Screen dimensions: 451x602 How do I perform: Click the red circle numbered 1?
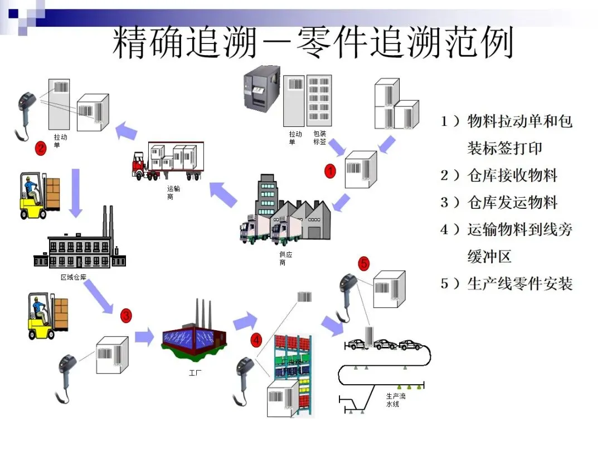click(331, 171)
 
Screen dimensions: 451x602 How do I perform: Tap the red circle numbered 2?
click(41, 148)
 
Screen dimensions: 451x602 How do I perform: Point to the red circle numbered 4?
click(256, 339)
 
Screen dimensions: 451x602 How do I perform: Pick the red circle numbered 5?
click(363, 264)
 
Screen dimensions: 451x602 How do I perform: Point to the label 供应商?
click(286, 258)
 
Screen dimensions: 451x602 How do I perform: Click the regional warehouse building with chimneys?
click(79, 245)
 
